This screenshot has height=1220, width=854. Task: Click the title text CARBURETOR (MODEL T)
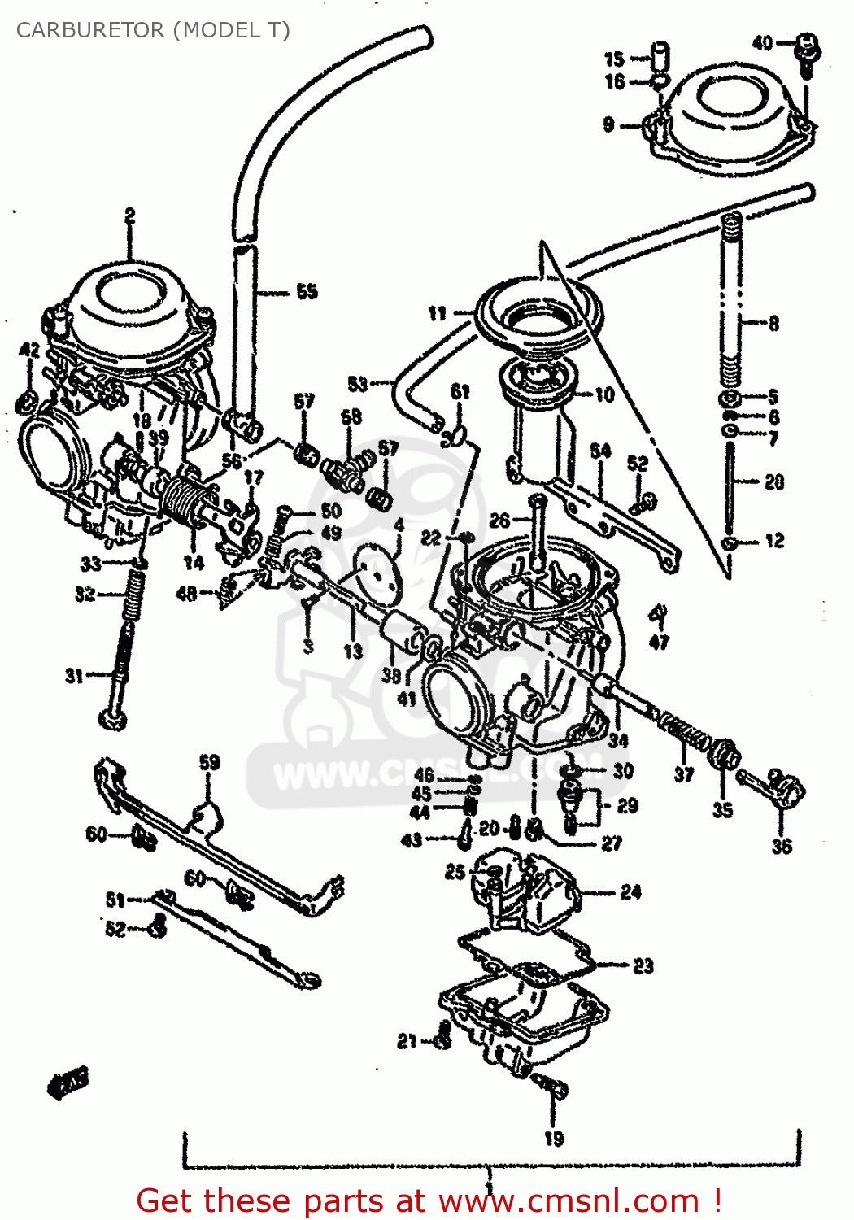153,30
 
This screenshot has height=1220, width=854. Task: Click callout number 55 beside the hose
307,291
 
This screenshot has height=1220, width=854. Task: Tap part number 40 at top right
762,43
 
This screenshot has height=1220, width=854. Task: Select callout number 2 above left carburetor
129,216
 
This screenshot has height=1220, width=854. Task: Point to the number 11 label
438,313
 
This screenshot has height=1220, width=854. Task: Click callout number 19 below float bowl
554,1139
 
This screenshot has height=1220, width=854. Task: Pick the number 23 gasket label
643,965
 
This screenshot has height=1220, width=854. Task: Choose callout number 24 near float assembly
630,892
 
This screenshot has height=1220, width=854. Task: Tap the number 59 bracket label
209,762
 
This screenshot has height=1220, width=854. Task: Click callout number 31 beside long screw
74,675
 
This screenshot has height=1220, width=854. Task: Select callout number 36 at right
782,846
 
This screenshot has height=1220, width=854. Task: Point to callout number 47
659,642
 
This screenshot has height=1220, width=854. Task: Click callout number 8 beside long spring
773,323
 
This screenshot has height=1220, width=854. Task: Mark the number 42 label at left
29,351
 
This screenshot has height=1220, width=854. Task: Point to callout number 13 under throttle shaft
352,651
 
